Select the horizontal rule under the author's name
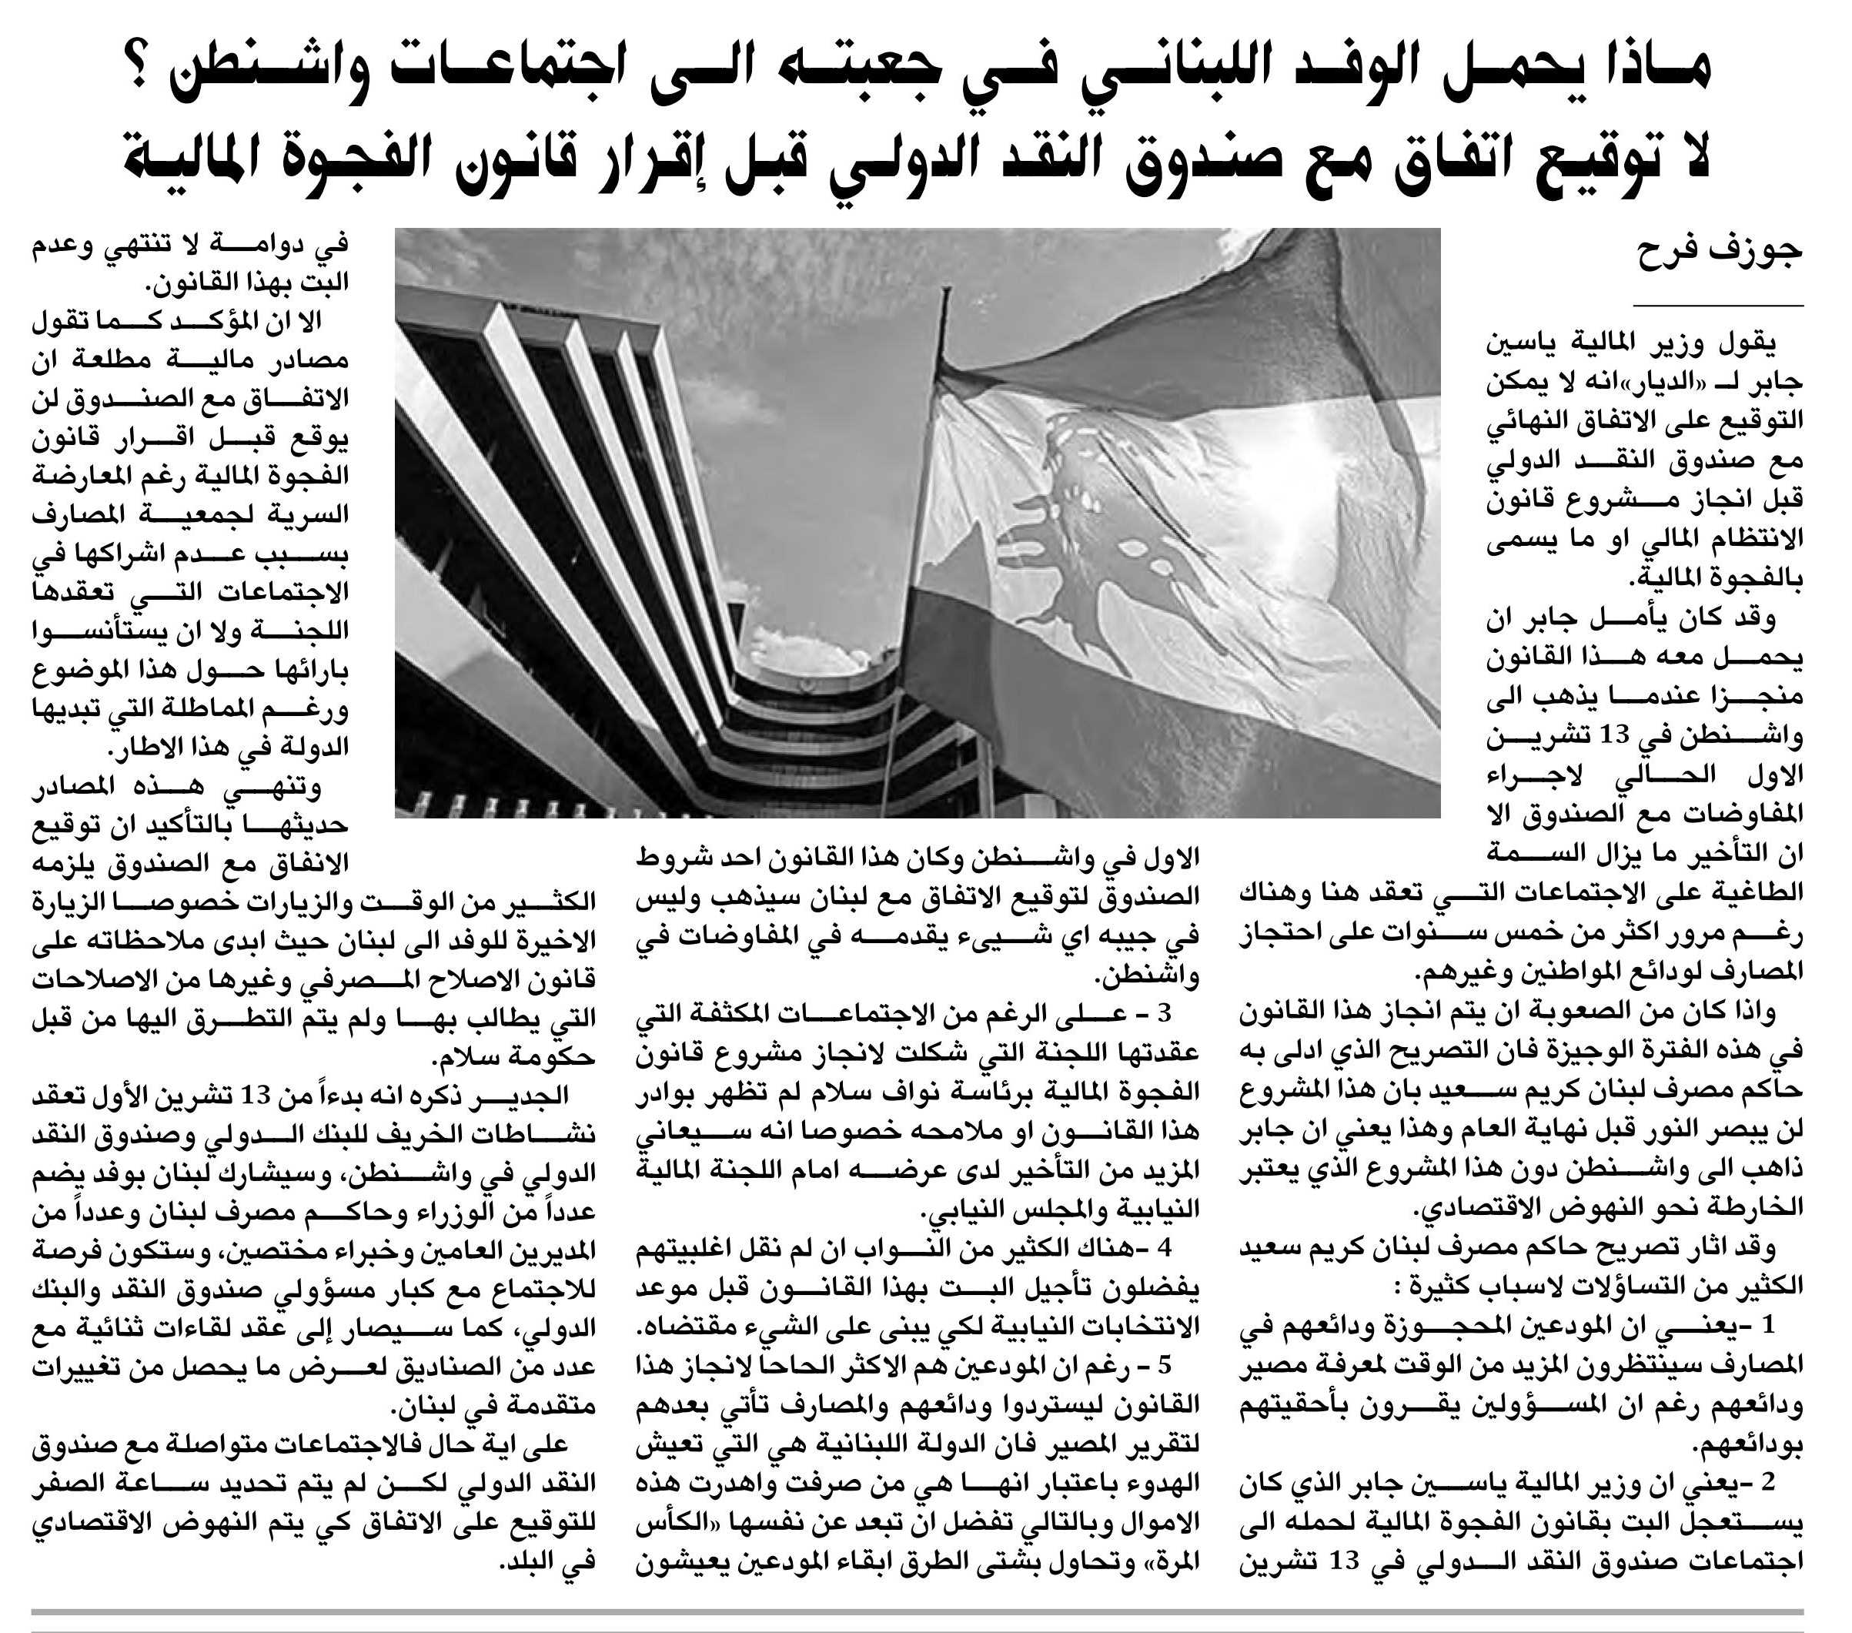tap(1718, 306)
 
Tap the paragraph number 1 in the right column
tap(1766, 1327)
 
